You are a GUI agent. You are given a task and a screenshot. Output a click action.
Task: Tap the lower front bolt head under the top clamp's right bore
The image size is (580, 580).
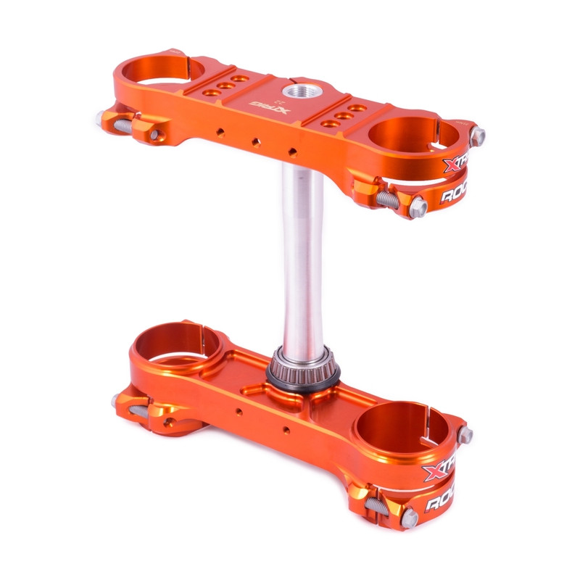tap(418, 208)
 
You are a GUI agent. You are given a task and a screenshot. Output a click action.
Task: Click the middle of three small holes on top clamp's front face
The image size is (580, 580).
tap(256, 142)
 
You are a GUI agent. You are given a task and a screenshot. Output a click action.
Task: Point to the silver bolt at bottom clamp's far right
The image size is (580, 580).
tap(465, 434)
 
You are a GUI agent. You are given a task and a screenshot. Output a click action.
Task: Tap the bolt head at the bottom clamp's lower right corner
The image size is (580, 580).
tap(410, 517)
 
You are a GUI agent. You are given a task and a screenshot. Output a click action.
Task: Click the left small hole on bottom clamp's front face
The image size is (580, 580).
tap(239, 413)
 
